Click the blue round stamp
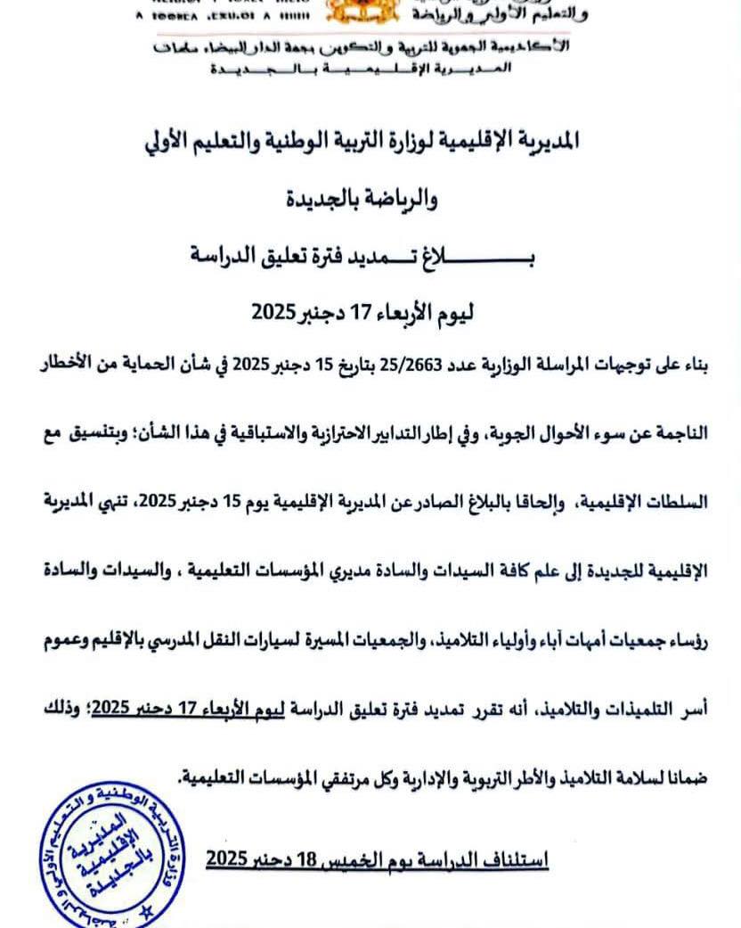click(x=98, y=854)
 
